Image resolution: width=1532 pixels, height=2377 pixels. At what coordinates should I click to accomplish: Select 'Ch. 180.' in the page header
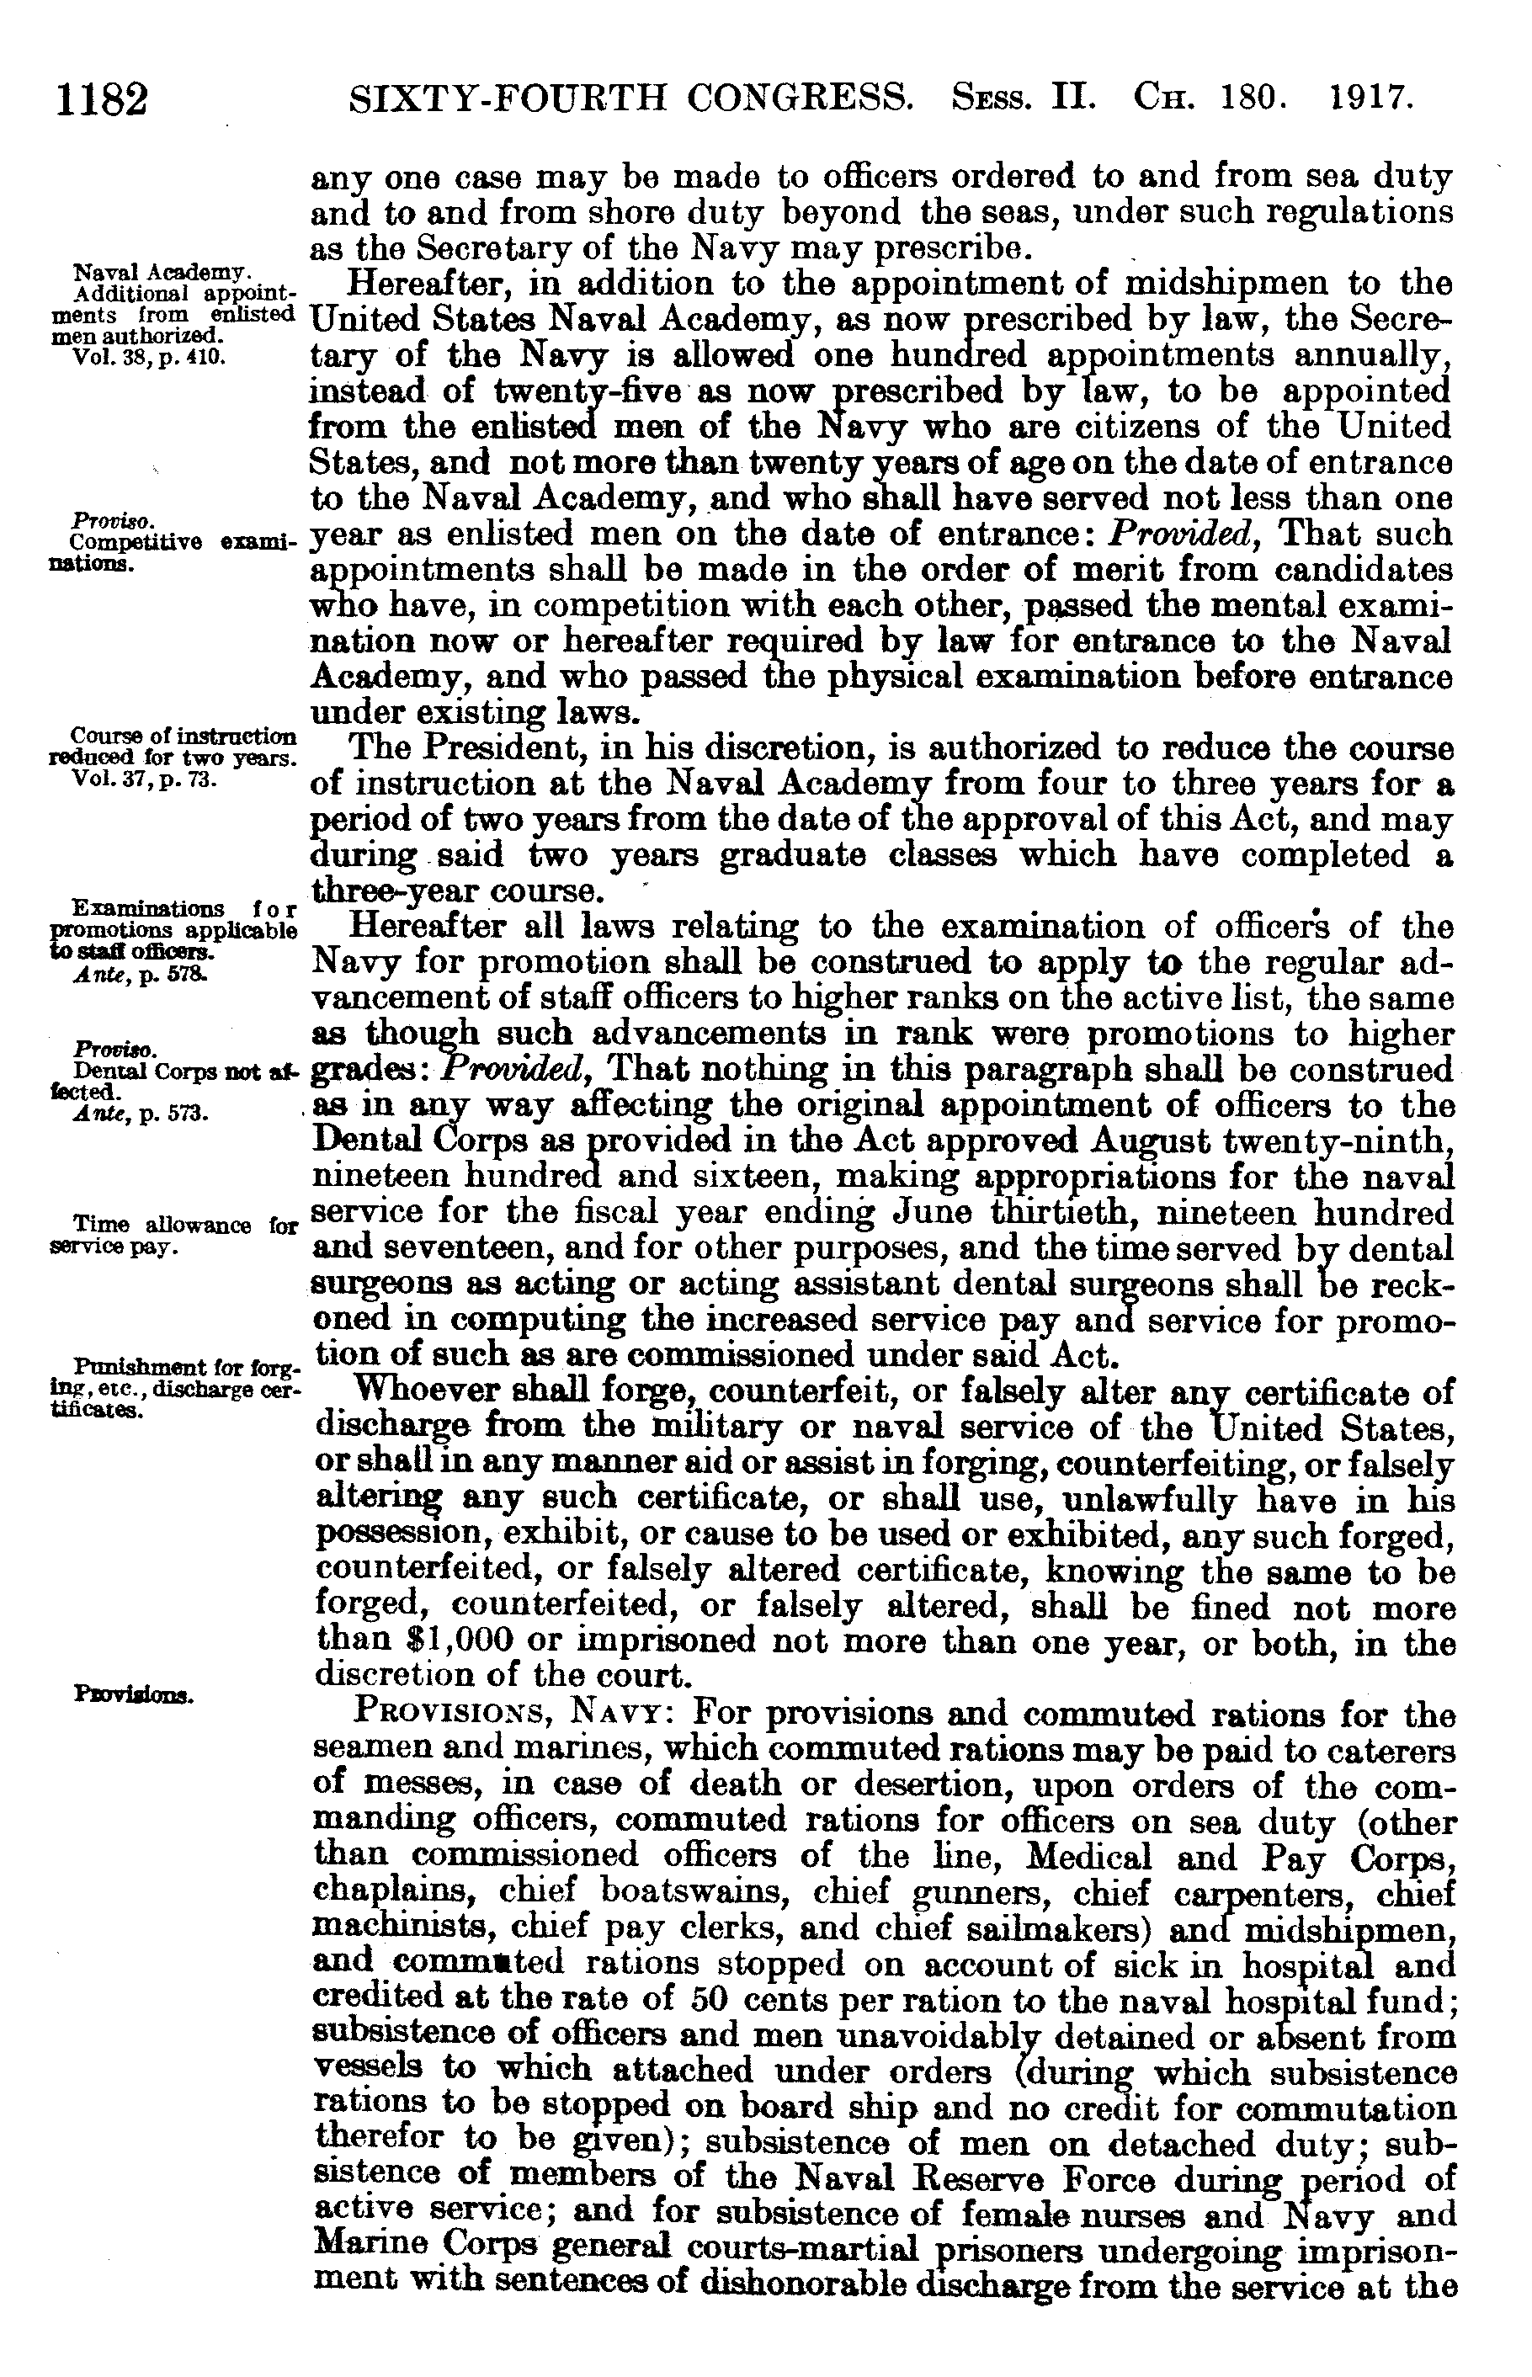click(x=1211, y=98)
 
